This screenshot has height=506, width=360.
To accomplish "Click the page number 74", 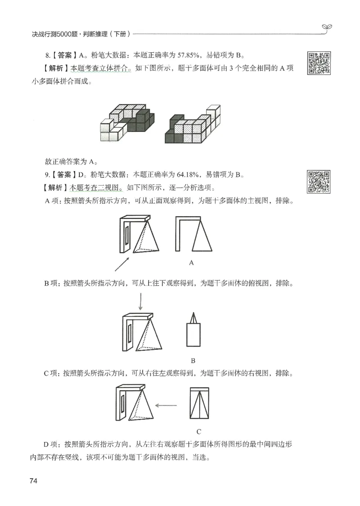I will (33, 481).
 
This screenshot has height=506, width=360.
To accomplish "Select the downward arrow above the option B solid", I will (140, 302).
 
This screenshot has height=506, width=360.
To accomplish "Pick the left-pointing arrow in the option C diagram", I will (166, 405).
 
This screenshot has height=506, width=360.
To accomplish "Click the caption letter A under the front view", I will (191, 262).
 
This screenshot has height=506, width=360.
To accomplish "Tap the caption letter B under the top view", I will (193, 361).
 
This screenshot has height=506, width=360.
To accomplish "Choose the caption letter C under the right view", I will (198, 431).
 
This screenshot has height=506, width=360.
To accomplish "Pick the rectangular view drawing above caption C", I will (198, 404).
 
